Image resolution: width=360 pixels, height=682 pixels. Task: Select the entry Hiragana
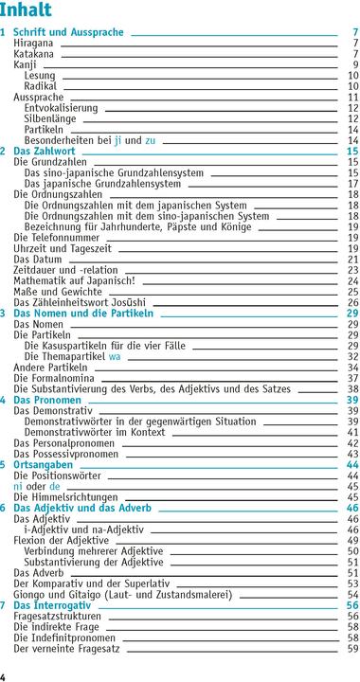pos(33,44)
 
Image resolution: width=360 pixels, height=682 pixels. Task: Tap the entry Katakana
pos(34,54)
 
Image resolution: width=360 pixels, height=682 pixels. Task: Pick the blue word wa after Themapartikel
pos(115,356)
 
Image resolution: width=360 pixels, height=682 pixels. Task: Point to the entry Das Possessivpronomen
pos(66,453)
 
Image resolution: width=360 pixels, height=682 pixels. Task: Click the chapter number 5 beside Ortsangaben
pos(4,464)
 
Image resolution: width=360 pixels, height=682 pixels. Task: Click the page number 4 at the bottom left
pos(4,675)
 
